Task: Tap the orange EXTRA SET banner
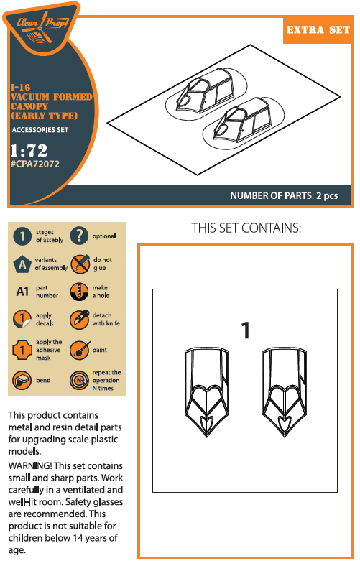click(318, 29)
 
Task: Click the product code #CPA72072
click(35, 164)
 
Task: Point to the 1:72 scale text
click(29, 150)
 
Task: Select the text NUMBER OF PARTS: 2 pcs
click(284, 195)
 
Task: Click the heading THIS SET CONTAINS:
click(246, 228)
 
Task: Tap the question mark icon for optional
click(79, 236)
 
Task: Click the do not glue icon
click(80, 264)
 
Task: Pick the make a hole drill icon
click(79, 292)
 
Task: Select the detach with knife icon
click(80, 319)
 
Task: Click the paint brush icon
click(80, 350)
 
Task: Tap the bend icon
click(22, 380)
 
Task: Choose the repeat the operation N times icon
click(79, 380)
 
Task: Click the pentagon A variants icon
click(22, 264)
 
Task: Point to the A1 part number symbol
click(22, 292)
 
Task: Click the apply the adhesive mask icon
click(22, 350)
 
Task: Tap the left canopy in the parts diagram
click(207, 392)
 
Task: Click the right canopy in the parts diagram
click(285, 392)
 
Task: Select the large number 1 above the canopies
click(246, 330)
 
